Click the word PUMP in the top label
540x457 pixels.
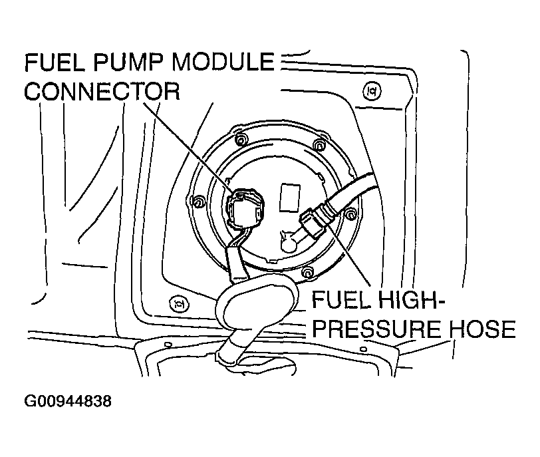pyautogui.click(x=122, y=64)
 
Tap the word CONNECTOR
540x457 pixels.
pyautogui.click(x=102, y=92)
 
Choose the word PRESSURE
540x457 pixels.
pyautogui.click(x=373, y=330)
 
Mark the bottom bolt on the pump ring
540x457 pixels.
pyautogui.click(x=307, y=271)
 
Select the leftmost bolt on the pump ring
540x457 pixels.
pyautogui.click(x=197, y=201)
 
